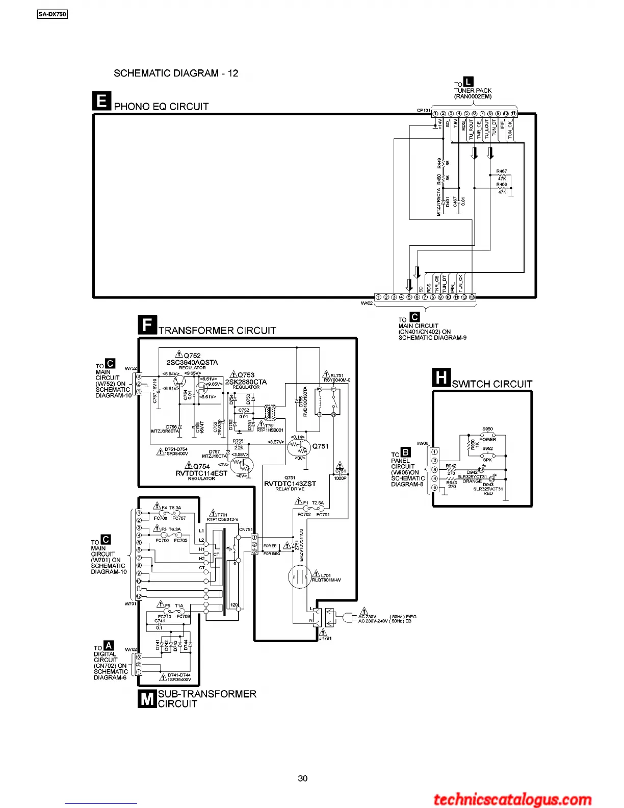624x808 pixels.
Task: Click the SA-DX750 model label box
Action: coord(53,14)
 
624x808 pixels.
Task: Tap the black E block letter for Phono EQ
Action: coord(101,101)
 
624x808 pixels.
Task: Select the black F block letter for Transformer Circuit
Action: coord(147,325)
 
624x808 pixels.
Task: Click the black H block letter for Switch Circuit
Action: coord(441,378)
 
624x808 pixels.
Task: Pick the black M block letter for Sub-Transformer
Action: coord(147,698)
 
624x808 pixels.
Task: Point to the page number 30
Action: coord(303,778)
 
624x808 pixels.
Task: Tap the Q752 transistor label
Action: coord(192,356)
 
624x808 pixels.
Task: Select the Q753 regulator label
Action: coord(246,375)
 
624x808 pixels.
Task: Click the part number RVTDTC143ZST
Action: coord(290,484)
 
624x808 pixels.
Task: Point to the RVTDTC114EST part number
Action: coord(201,473)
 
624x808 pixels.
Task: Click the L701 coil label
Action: coord(326,575)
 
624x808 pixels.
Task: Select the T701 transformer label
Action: coord(222,515)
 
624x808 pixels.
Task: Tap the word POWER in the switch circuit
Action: coord(487,439)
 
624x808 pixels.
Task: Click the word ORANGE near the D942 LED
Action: coord(472,481)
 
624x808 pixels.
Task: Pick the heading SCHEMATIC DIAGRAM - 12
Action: coord(176,73)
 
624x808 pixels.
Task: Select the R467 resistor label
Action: coord(502,172)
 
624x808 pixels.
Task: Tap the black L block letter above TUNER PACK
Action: coord(469,81)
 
